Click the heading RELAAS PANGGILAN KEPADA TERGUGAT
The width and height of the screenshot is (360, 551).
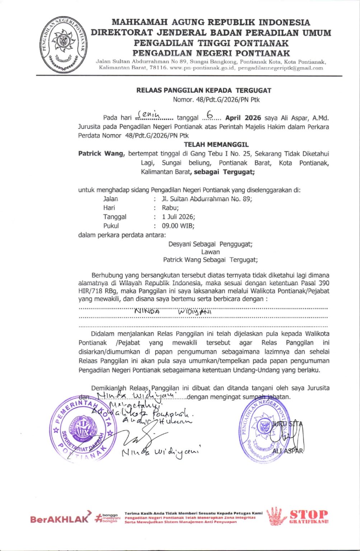[x=204, y=90]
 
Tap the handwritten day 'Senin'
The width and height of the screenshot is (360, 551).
[x=151, y=115]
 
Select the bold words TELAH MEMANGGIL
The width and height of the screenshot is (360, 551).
[x=216, y=145]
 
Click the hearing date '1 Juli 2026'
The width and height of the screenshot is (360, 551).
[x=178, y=217]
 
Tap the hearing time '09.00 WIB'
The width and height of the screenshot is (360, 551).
[x=178, y=226]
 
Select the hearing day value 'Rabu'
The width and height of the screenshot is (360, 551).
[x=170, y=208]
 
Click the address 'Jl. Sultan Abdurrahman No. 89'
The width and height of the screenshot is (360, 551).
[x=207, y=199]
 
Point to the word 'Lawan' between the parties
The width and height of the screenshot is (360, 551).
[x=210, y=252]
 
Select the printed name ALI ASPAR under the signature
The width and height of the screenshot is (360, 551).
[x=287, y=451]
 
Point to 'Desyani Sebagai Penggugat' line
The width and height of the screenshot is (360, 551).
[x=210, y=244]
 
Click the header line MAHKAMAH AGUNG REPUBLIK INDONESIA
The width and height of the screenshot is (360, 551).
[x=211, y=22]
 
